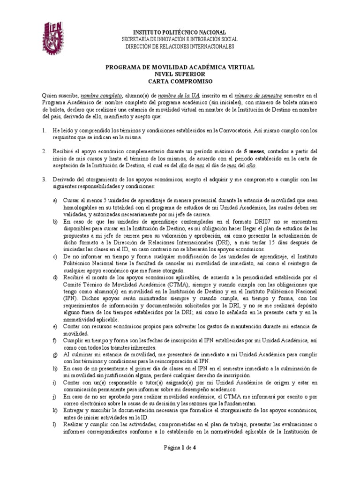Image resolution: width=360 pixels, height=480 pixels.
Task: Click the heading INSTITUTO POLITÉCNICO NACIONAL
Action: point(180,31)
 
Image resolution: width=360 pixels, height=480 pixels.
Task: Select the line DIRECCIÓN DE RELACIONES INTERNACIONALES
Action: point(180,46)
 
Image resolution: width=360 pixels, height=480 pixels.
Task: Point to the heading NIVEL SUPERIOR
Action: point(180,74)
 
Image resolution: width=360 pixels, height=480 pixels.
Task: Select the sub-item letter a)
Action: point(55,200)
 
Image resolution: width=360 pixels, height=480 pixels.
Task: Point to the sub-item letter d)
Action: point(55,277)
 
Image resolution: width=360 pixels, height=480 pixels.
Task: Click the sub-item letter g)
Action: point(55,355)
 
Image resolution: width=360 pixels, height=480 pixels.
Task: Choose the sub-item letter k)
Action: point(55,411)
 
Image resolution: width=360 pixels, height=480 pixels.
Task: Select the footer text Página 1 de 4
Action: point(180,460)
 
